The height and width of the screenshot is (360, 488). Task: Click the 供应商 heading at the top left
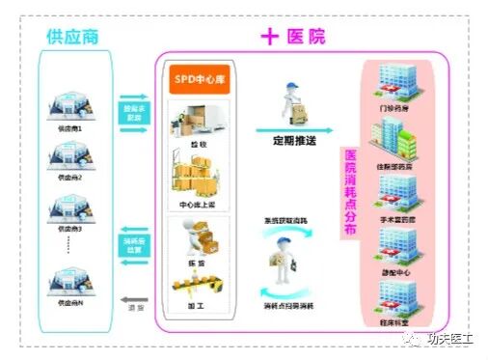(72, 38)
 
